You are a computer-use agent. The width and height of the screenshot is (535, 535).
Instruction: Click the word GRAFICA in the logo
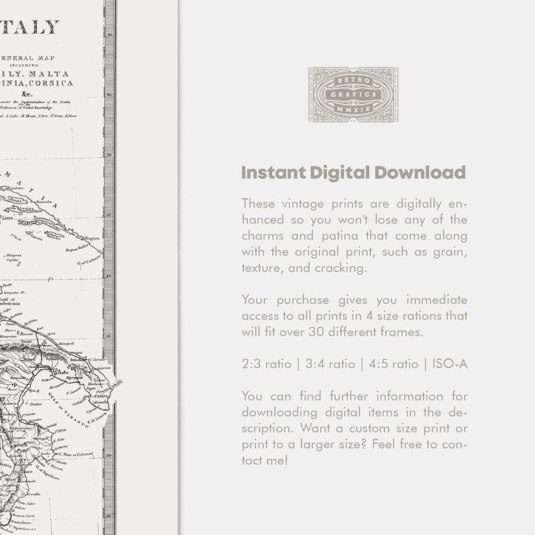pos(352,94)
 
